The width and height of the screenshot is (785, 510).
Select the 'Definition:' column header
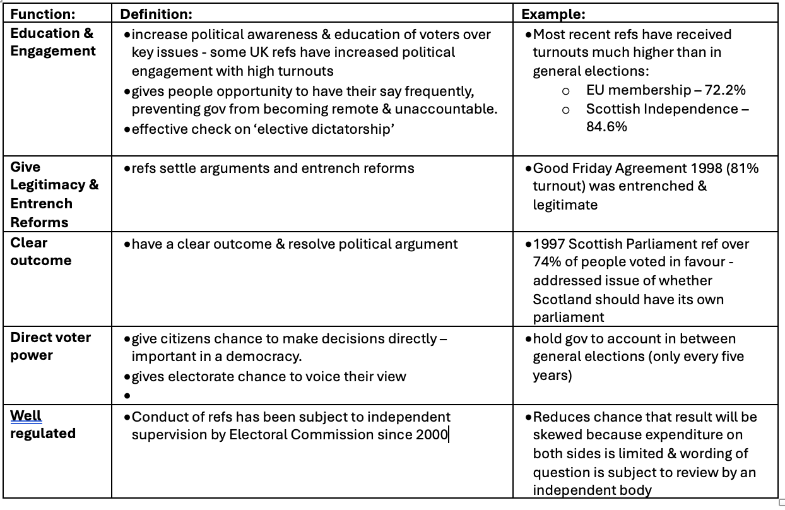tap(156, 13)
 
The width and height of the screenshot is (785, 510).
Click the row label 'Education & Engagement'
tap(52, 42)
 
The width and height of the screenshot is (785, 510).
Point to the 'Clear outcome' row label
tap(40, 251)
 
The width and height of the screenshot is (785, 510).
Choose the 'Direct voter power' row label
tap(50, 346)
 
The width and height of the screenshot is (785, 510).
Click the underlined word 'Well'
tap(26, 416)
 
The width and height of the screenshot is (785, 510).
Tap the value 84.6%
tap(606, 126)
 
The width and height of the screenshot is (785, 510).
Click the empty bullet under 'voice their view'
tap(127, 396)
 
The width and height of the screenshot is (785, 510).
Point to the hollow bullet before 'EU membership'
tap(566, 92)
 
